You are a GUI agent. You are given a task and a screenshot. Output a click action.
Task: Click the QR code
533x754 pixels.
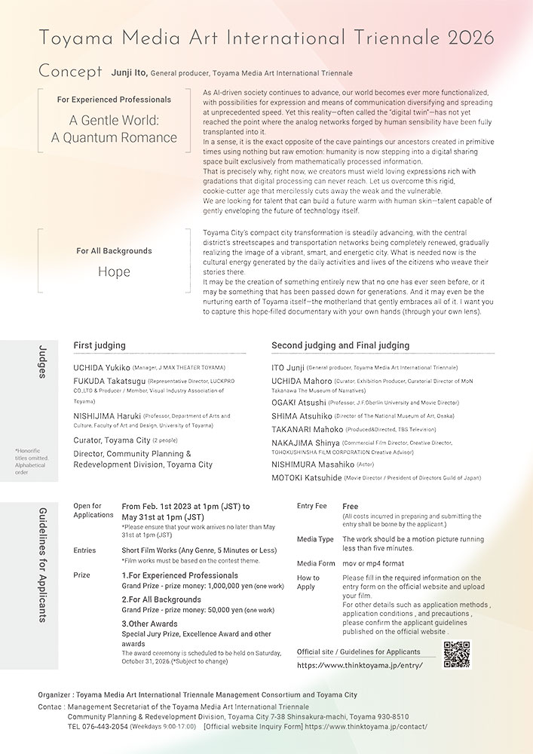[x=457, y=654]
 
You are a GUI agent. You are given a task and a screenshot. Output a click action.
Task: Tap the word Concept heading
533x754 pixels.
[x=70, y=72]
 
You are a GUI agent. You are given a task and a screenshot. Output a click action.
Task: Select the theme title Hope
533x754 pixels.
[x=114, y=271]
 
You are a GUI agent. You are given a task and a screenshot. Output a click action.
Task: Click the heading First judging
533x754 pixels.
[x=100, y=345]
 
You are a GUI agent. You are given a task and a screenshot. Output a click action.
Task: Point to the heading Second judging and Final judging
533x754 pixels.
[x=340, y=345]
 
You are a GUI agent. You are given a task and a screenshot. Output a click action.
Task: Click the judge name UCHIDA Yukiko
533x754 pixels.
[x=102, y=368]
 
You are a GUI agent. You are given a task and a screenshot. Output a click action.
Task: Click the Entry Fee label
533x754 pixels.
[x=312, y=506]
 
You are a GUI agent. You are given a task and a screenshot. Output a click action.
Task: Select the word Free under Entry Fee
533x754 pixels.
[x=350, y=507]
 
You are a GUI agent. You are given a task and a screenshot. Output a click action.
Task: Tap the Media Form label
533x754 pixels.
[x=316, y=563]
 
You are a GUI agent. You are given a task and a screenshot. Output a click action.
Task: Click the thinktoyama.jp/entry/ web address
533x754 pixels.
[x=360, y=665]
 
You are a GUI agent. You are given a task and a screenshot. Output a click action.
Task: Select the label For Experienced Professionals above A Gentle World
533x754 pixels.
[x=114, y=99]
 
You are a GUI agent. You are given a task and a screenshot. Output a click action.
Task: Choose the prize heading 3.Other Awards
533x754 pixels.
[x=150, y=624]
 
